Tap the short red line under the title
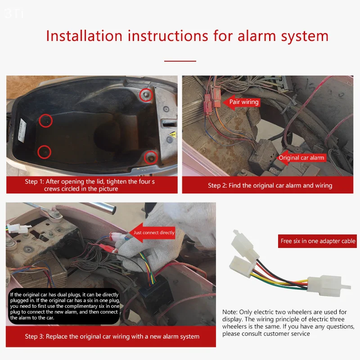pyautogui.click(x=180, y=61)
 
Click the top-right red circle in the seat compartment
pyautogui.click(x=145, y=94)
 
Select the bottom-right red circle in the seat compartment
pyautogui.click(x=151, y=157)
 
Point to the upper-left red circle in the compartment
pyautogui.click(x=45, y=120)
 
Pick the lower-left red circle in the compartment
pyautogui.click(x=44, y=152)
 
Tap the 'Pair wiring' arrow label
pyautogui.click(x=242, y=102)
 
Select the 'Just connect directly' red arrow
pyautogui.click(x=151, y=233)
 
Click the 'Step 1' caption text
pyautogui.click(x=90, y=185)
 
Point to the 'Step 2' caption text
pyautogui.click(x=270, y=185)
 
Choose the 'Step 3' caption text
pyautogui.click(x=112, y=336)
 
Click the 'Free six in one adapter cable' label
pyautogui.click(x=318, y=241)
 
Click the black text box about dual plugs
pyautogui.click(x=64, y=306)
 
